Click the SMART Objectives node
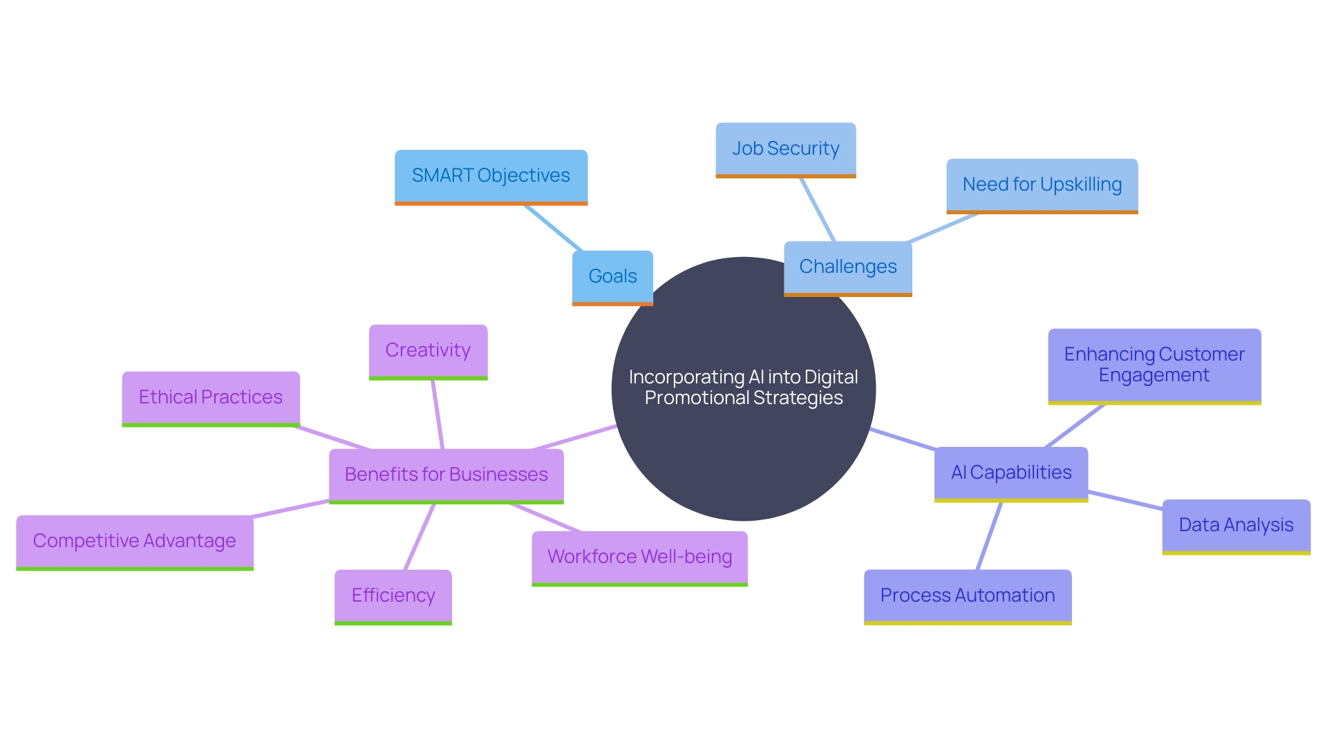click(x=491, y=176)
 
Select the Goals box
click(x=612, y=276)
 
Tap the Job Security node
click(x=786, y=149)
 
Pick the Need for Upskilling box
click(x=1042, y=185)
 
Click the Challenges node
click(x=847, y=267)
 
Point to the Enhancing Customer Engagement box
click(x=1154, y=365)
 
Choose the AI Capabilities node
click(x=1010, y=473)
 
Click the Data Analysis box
click(x=1236, y=526)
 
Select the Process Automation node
click(x=967, y=595)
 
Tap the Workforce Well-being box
click(x=639, y=557)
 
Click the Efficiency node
click(x=393, y=595)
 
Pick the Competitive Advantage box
click(x=135, y=542)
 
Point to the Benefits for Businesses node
click(x=446, y=475)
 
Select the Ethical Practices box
click(x=211, y=398)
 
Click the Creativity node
click(x=428, y=351)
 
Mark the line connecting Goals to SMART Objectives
click(x=553, y=227)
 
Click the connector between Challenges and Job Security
click(x=818, y=209)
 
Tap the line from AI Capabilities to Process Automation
click(x=989, y=535)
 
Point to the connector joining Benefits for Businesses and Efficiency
click(x=420, y=537)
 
